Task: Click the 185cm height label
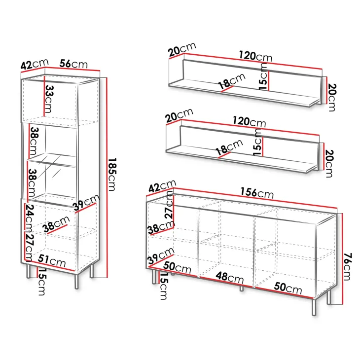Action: coord(112,175)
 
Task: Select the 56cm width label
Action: coord(73,64)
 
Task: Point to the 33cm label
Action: coord(49,99)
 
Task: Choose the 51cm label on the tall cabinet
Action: coord(52,261)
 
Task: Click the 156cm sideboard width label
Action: coord(257,193)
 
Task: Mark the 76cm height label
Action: coord(348,267)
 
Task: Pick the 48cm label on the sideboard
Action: coord(230,278)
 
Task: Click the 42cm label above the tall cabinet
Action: coord(35,64)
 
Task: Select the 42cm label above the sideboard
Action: coord(162,186)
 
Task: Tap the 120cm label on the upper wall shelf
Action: coord(255,56)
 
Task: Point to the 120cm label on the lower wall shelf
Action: coord(250,122)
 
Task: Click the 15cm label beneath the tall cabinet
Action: coord(41,282)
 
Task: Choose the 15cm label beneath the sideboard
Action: coord(164,286)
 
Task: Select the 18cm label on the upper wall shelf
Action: coord(232,81)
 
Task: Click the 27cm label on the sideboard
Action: coord(170,204)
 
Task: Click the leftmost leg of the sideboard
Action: coord(153,277)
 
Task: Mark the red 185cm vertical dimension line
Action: coord(107,178)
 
